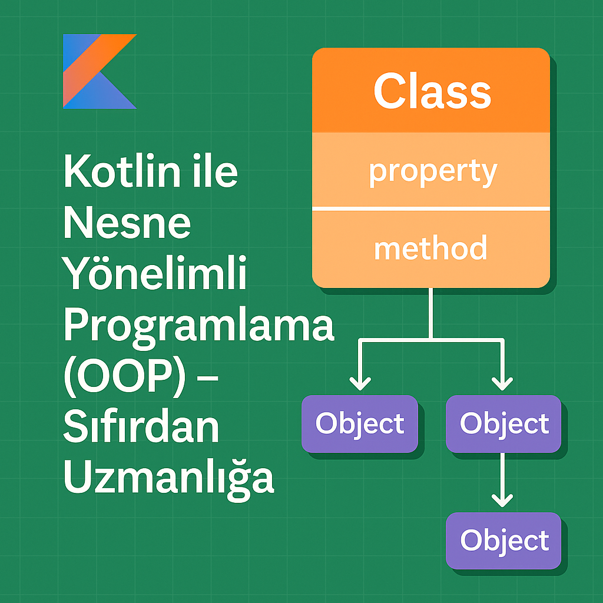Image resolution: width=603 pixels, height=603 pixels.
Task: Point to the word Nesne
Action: point(127,223)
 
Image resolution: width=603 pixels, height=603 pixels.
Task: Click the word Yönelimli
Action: point(154,274)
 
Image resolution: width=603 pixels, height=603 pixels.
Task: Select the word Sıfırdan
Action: point(141,428)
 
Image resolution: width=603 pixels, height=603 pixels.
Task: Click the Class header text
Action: point(432,91)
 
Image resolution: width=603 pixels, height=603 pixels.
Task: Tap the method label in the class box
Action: point(430,248)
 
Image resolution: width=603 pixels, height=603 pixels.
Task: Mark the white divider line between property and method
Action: point(430,209)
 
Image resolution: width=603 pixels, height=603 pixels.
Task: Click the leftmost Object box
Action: point(360,424)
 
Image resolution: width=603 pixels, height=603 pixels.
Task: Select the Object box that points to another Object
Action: point(503,424)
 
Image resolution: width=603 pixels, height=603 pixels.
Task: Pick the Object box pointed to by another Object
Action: point(503,541)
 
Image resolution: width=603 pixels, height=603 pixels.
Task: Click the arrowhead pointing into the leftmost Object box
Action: point(360,384)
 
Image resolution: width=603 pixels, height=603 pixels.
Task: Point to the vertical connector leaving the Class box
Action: point(432,312)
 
